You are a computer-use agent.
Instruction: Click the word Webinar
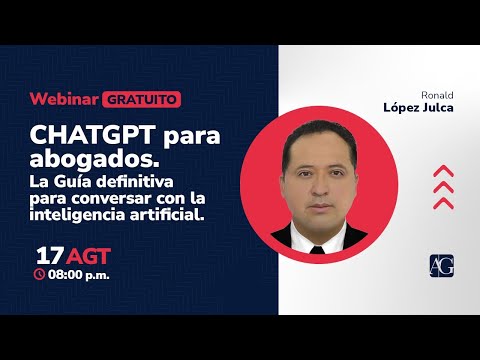tap(64, 99)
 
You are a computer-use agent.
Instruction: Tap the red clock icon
tap(40, 273)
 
